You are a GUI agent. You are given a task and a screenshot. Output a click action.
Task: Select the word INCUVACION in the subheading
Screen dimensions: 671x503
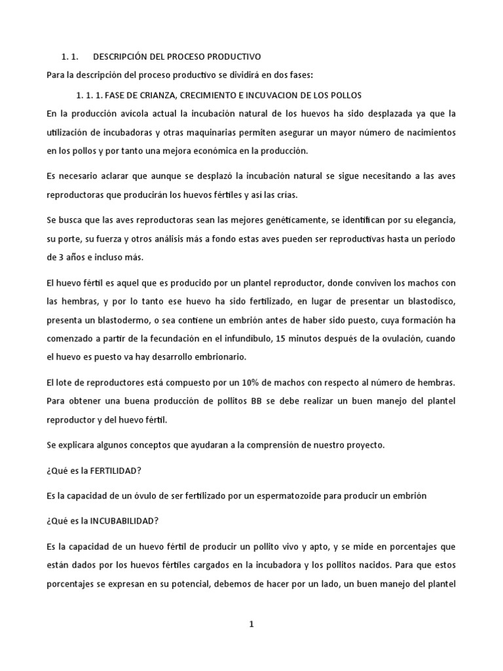(x=276, y=95)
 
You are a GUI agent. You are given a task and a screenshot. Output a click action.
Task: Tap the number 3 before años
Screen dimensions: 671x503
(x=51, y=257)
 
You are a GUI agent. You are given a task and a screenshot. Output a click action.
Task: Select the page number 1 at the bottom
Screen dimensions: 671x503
(x=251, y=624)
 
